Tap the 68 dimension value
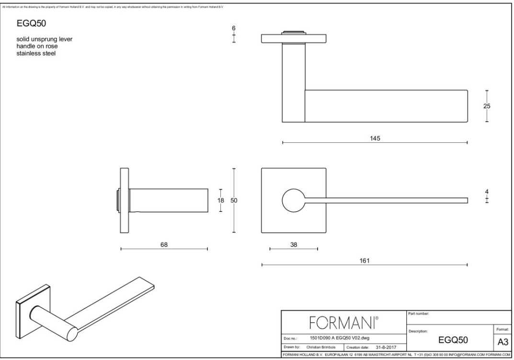(164, 244)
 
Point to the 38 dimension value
(294, 244)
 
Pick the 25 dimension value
(487, 106)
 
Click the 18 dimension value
(221, 200)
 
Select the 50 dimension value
(234, 200)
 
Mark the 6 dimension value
(234, 28)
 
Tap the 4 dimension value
(487, 192)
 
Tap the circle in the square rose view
(293, 200)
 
